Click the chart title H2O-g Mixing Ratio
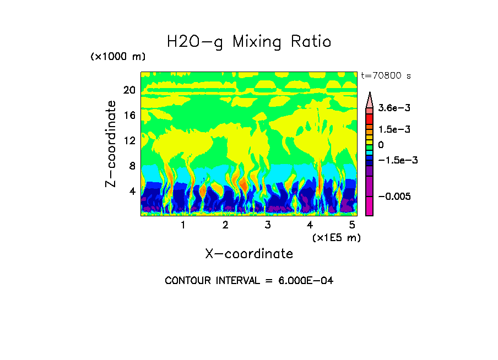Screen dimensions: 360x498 (x=249, y=42)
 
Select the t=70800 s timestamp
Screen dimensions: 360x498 (x=386, y=75)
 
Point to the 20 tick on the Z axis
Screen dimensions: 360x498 (x=129, y=90)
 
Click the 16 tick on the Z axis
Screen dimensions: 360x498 (x=129, y=116)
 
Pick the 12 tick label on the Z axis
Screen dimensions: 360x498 (x=129, y=141)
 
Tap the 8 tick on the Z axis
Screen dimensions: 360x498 (x=131, y=166)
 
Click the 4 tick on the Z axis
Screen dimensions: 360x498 (x=131, y=192)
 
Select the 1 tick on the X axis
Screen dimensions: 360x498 (x=183, y=225)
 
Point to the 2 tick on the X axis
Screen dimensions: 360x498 (x=225, y=225)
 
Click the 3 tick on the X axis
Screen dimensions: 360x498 (x=268, y=225)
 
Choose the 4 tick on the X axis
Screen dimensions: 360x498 (x=310, y=225)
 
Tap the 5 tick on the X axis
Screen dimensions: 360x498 (x=352, y=225)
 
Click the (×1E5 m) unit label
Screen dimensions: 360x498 (x=336, y=238)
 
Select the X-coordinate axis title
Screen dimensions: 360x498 (x=249, y=254)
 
